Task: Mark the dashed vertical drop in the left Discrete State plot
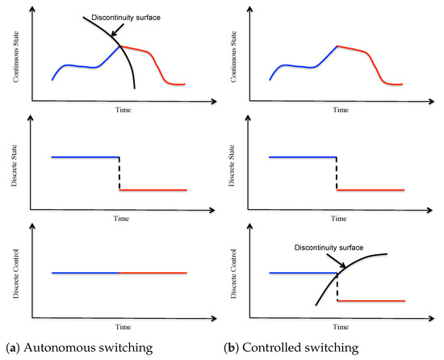pos(119,174)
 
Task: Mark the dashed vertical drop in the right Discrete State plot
pos(337,174)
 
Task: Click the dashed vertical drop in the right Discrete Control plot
pos(337,287)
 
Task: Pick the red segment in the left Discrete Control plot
pos(153,273)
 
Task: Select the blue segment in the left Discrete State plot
pos(85,157)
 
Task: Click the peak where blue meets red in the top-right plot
pos(337,46)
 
